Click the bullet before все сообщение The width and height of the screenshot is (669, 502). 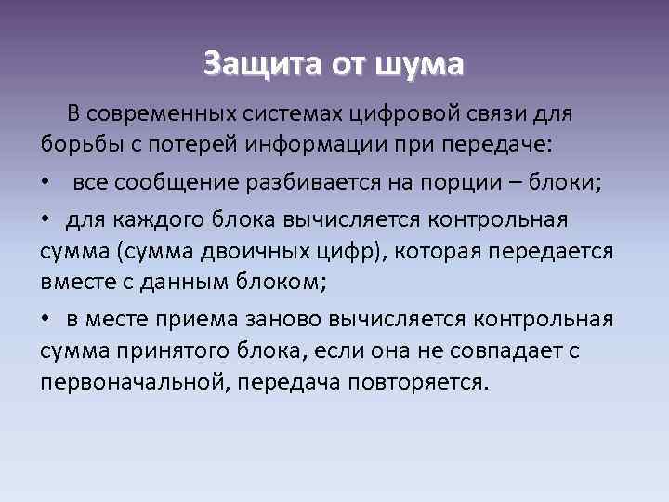click(x=46, y=183)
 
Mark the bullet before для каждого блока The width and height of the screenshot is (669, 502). click(x=46, y=220)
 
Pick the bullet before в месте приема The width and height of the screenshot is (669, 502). click(x=46, y=318)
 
